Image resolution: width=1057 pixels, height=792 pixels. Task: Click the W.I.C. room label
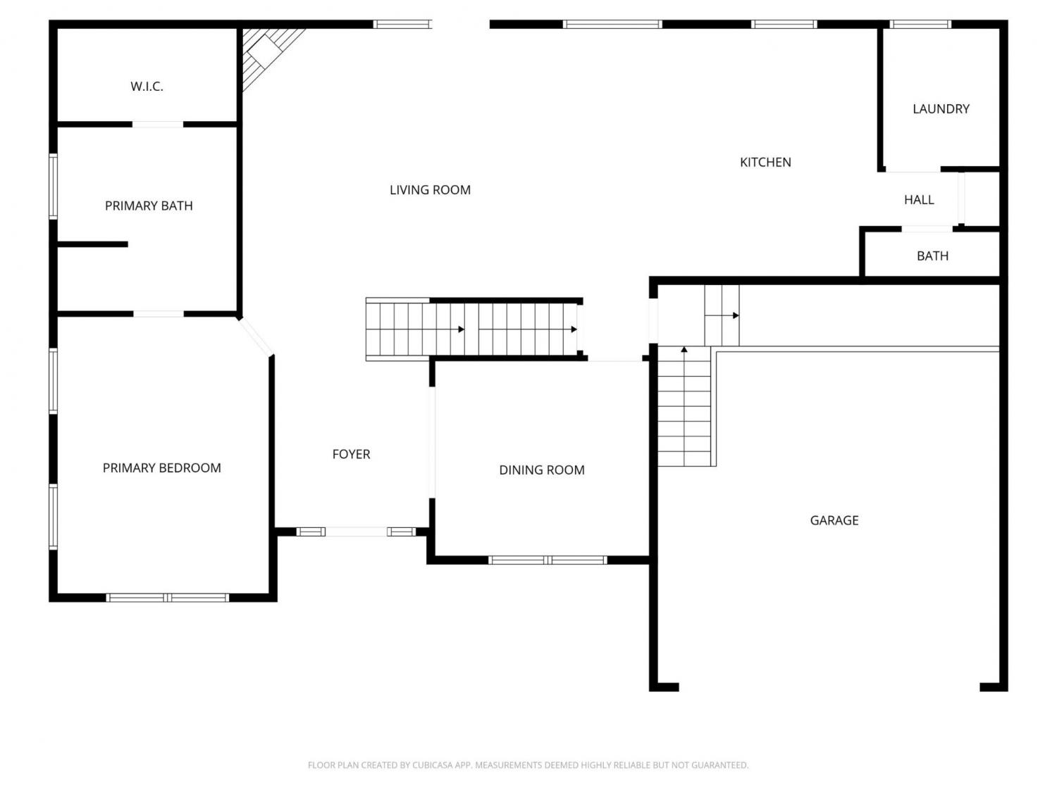pos(147,87)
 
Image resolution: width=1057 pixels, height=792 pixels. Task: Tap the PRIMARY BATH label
pos(149,206)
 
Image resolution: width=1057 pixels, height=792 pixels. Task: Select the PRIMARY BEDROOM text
pos(162,468)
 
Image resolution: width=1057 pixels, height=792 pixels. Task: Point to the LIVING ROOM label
pos(430,190)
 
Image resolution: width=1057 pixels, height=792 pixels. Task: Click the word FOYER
pos(351,454)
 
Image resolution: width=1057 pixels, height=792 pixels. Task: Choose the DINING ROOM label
pos(542,470)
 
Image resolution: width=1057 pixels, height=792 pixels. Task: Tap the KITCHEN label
pos(765,163)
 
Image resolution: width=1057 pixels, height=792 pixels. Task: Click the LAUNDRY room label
pos(941,108)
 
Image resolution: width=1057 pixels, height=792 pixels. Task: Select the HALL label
pos(919,199)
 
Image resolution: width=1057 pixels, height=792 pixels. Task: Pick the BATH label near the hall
pos(932,256)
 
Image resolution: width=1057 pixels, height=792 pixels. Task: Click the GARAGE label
pos(834,520)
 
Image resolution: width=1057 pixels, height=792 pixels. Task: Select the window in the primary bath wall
pos(53,187)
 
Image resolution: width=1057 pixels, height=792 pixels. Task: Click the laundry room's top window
pos(920,24)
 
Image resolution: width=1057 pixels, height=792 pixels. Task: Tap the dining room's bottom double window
pos(548,560)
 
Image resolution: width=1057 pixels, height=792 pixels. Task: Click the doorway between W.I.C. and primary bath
pos(158,125)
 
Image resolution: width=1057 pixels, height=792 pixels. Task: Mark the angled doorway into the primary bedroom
pos(256,337)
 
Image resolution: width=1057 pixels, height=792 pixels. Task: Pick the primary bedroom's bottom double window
pos(168,598)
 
